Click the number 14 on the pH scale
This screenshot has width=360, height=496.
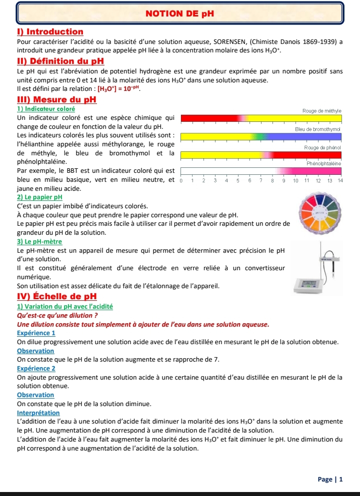tap(339, 180)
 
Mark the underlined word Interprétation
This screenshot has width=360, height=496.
tap(38, 413)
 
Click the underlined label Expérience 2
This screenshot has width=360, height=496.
tap(36, 368)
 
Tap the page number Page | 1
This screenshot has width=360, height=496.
tap(330, 480)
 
